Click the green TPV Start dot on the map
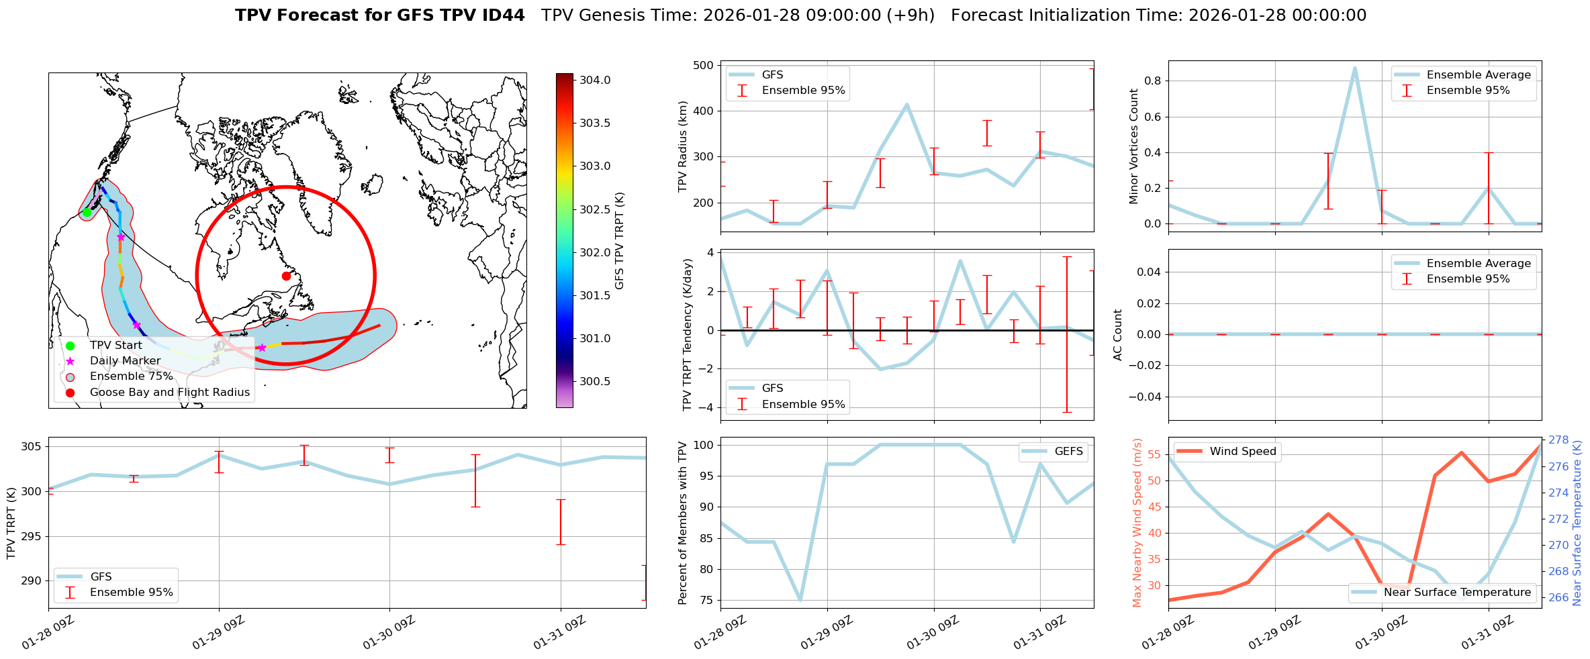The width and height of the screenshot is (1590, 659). point(87,213)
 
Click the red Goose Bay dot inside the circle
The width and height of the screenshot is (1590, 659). point(286,276)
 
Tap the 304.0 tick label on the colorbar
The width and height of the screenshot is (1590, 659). point(595,81)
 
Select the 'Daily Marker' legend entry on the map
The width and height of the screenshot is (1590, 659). point(125,361)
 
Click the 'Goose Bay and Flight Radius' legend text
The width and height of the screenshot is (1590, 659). point(169,393)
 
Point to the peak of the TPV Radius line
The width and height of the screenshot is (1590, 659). point(906,105)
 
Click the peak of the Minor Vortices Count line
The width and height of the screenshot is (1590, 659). point(1354,68)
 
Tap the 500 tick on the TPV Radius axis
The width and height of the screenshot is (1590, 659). point(703,66)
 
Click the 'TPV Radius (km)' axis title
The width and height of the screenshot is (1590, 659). point(683,146)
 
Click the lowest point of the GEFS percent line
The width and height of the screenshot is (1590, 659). point(800,600)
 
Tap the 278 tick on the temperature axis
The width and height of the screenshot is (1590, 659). point(1558,440)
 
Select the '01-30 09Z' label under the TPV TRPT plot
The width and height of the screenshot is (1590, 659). point(389,634)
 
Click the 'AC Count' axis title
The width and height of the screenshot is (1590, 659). point(1118,335)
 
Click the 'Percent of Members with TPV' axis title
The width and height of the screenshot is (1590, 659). point(683,523)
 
